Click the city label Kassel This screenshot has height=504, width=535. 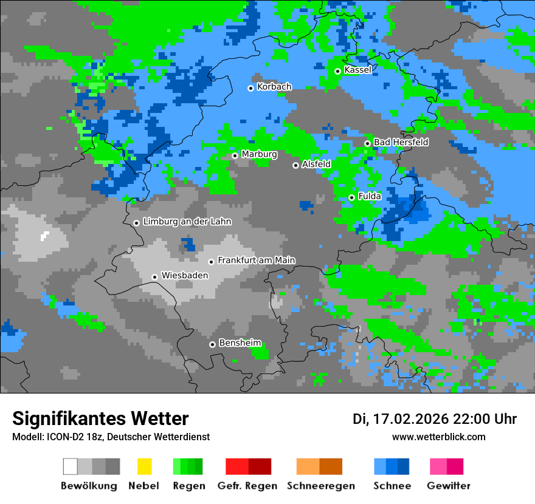[x=357, y=70]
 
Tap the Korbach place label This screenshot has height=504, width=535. [x=274, y=87]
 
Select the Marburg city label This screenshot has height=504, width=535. [x=259, y=154]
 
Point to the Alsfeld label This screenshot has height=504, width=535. [x=316, y=164]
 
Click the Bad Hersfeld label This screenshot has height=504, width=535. [x=401, y=142]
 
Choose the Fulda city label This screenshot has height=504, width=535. [x=370, y=196]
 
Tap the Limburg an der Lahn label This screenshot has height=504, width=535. [x=187, y=222]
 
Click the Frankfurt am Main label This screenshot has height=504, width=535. [x=256, y=261]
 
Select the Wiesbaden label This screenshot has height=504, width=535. [x=184, y=276]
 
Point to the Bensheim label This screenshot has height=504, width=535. [x=240, y=343]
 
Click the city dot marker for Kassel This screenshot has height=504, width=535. [x=337, y=71]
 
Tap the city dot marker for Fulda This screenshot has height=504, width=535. [x=351, y=197]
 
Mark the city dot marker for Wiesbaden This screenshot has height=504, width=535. [x=155, y=277]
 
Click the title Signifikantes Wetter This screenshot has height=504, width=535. [x=100, y=418]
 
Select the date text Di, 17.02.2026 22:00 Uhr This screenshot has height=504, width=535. [x=435, y=419]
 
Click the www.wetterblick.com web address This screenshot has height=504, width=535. [x=438, y=437]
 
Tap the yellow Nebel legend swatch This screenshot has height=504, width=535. [x=144, y=466]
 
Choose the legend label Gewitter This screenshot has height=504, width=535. [x=448, y=486]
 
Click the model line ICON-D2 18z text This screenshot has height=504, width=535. [x=111, y=437]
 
